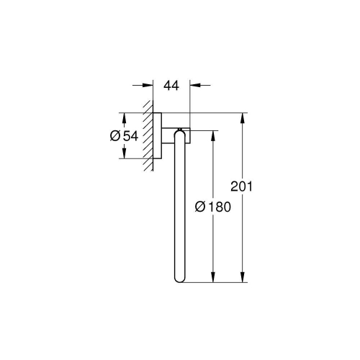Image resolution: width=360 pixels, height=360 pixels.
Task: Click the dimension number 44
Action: coord(171,86)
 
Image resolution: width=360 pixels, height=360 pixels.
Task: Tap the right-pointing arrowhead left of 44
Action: coord(148,86)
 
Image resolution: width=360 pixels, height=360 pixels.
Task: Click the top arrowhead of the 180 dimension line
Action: coord(212,135)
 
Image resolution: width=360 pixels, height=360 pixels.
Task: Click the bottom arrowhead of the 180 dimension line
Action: coord(212,281)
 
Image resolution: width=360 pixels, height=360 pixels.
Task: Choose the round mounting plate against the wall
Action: coord(157,136)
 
